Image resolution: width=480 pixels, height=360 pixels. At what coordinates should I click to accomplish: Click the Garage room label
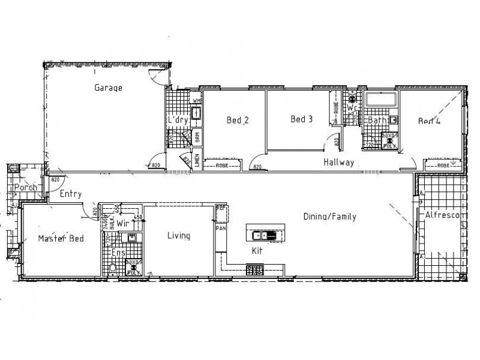pos(108,88)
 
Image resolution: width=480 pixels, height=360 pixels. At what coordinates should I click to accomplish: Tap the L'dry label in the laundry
pos(178,120)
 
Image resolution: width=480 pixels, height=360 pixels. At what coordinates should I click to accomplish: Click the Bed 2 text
pos(238,120)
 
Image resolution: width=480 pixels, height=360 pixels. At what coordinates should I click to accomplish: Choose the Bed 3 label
pos(302,119)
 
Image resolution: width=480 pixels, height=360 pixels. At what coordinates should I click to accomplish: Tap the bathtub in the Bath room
pos(382,101)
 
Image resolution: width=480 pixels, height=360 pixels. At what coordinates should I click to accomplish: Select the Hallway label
pos(339,163)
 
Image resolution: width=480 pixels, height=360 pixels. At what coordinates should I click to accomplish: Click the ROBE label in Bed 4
pos(443,164)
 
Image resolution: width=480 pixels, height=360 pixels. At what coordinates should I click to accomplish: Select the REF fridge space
pos(220,208)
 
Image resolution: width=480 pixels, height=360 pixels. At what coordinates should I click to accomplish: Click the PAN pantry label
pos(220,229)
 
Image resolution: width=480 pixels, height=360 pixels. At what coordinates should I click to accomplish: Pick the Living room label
pos(178,236)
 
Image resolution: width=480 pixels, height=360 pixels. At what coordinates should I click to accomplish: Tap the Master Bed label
pos(61,238)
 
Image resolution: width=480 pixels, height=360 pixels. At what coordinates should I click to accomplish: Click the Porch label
pos(26,187)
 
